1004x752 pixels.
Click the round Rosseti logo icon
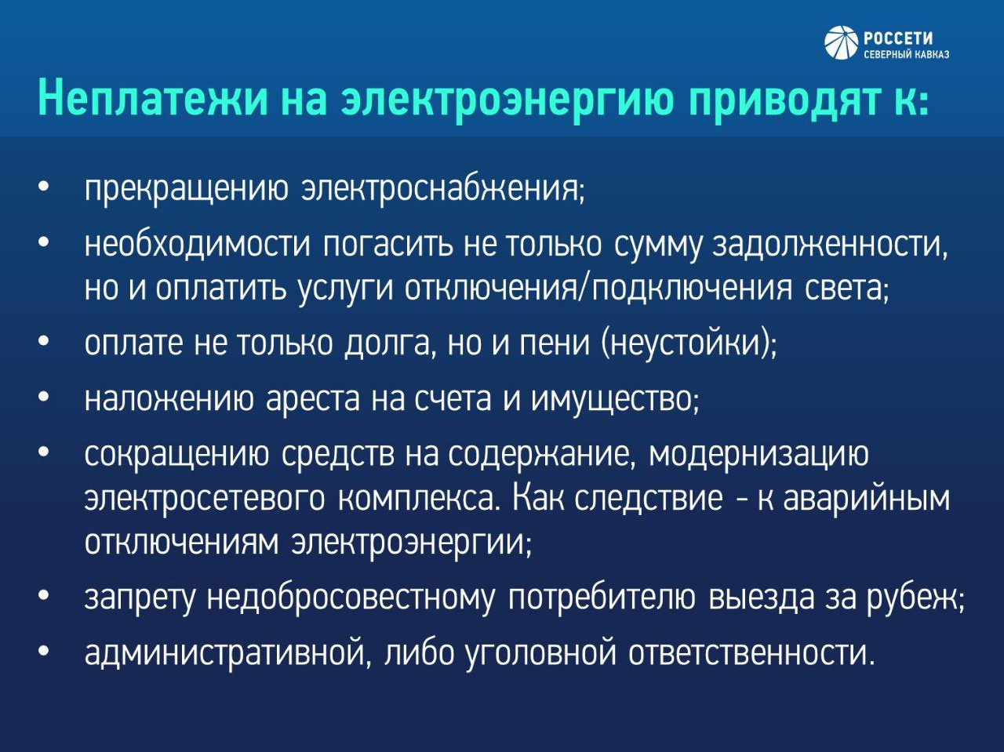[x=841, y=43]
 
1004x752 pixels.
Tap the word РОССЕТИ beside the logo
[x=898, y=38]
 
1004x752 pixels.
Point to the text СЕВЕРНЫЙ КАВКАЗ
[x=906, y=54]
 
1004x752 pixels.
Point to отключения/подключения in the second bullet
[x=598, y=289]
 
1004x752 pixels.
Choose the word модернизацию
[x=758, y=456]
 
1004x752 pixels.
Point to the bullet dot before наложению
[x=43, y=398]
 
